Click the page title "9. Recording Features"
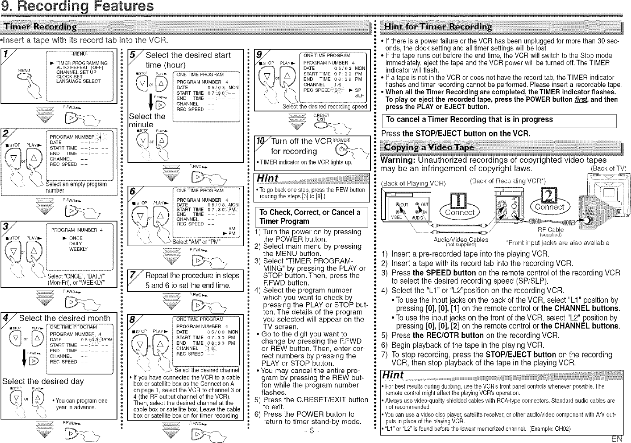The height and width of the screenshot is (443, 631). coord(77,7)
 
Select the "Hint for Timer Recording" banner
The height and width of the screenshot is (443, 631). coord(438,27)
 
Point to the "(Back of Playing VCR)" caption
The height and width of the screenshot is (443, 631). coord(413,183)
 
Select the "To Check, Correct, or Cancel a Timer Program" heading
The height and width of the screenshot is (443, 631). coord(309,217)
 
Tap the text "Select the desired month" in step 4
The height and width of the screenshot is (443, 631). coord(64,318)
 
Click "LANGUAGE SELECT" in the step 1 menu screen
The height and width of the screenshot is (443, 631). coord(78,81)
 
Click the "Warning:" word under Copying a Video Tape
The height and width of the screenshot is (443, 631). coord(396,160)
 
